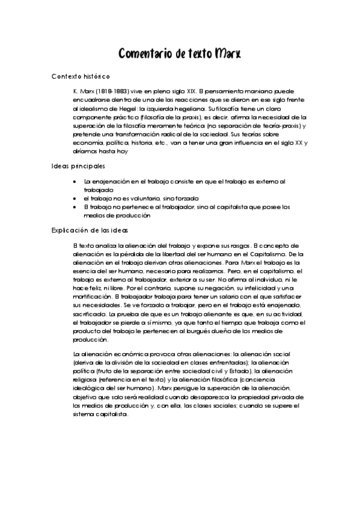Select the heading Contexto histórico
(81, 76)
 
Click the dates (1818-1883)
(110, 90)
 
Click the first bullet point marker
(74, 180)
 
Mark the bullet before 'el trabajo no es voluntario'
(74, 198)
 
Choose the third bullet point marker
(74, 206)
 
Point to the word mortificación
(91, 297)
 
